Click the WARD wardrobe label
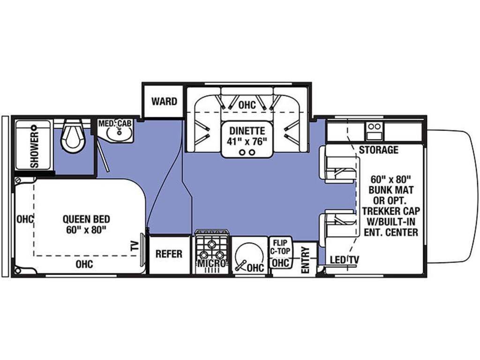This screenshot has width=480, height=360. pyautogui.click(x=164, y=101)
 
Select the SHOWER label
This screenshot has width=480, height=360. pyautogui.click(x=35, y=150)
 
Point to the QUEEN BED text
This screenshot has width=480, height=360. pyautogui.click(x=86, y=219)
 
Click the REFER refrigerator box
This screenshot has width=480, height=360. pyautogui.click(x=169, y=254)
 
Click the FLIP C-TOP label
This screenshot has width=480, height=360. pyautogui.click(x=280, y=247)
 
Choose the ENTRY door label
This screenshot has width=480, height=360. pyautogui.click(x=306, y=260)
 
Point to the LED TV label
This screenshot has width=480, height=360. pyautogui.click(x=345, y=260)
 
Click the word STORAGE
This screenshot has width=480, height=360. pyautogui.click(x=379, y=150)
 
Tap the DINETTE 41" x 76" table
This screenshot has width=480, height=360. pyautogui.click(x=247, y=139)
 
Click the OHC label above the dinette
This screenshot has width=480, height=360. pyautogui.click(x=247, y=105)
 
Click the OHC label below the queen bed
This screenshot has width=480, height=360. pyautogui.click(x=84, y=264)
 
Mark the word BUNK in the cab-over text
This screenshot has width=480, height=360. pyautogui.click(x=382, y=190)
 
